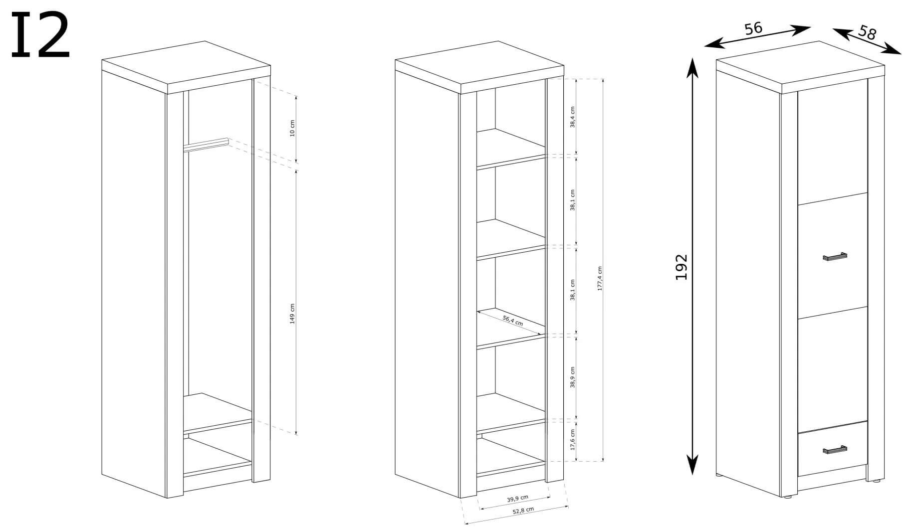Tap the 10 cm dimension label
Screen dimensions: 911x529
pyautogui.click(x=293, y=128)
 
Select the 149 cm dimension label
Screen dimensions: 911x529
pyautogui.click(x=293, y=314)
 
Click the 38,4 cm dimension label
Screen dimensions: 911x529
pyautogui.click(x=573, y=117)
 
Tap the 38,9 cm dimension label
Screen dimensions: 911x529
pyautogui.click(x=573, y=377)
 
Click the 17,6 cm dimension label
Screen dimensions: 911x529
pyautogui.click(x=573, y=440)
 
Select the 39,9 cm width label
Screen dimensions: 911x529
pyautogui.click(x=517, y=498)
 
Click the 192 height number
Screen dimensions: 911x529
pyautogui.click(x=682, y=267)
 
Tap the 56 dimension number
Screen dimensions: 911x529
pyautogui.click(x=754, y=28)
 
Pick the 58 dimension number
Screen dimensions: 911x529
pyautogui.click(x=867, y=33)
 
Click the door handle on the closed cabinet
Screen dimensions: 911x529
pyautogui.click(x=835, y=257)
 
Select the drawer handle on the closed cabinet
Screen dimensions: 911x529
pyautogui.click(x=835, y=450)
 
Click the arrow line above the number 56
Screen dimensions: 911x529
pyautogui.click(x=758, y=37)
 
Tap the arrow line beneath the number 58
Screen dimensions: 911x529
pyautogui.click(x=867, y=41)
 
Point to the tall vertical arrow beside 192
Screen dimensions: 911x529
pyautogui.click(x=692, y=267)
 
